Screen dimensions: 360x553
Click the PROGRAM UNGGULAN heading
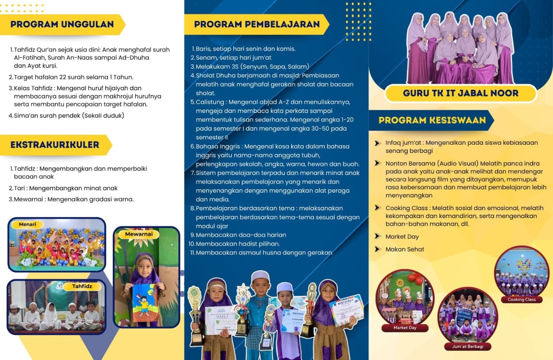click(x=62, y=24)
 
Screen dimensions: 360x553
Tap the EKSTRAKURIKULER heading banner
click(x=55, y=145)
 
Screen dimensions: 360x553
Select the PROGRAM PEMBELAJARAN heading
click(x=257, y=24)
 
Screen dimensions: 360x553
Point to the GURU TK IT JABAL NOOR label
click(x=461, y=93)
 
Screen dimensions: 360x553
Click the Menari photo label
click(x=30, y=224)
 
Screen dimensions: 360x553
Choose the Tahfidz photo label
click(x=82, y=286)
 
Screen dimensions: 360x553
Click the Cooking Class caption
click(x=521, y=299)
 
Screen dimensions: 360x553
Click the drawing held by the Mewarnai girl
click(x=143, y=302)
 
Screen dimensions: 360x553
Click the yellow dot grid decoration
click(x=358, y=22)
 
